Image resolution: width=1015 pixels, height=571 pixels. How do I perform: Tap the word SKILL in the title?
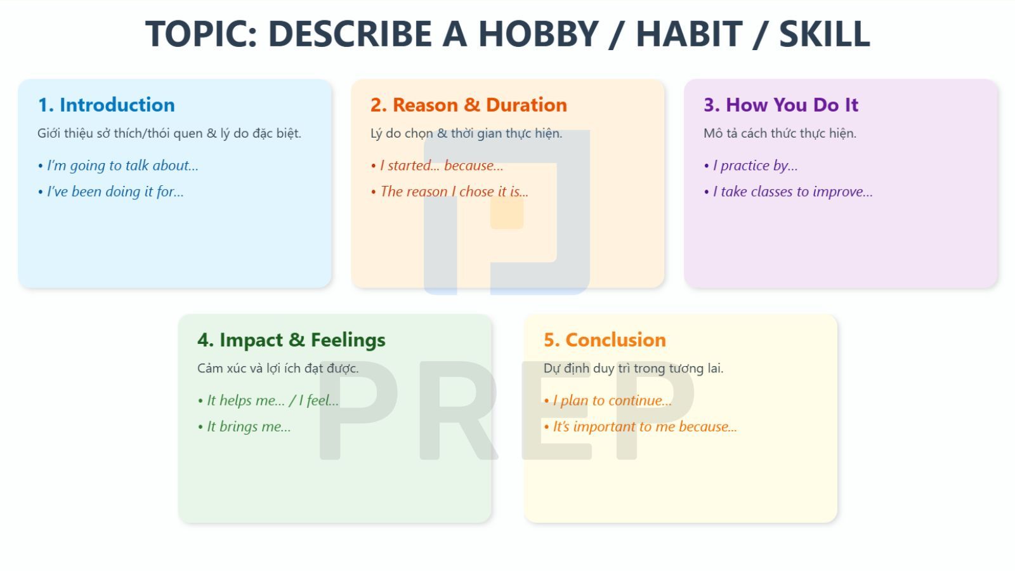pyautogui.click(x=824, y=34)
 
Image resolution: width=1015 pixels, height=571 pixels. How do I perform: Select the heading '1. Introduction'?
pyautogui.click(x=106, y=105)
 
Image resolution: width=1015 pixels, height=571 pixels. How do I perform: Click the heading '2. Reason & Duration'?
pyautogui.click(x=468, y=105)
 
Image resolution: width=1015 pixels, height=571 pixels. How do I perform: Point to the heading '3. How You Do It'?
pyautogui.click(x=780, y=105)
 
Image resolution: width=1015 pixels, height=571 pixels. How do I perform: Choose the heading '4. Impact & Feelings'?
pyautogui.click(x=291, y=340)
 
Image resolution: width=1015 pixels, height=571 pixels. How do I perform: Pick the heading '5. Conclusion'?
pyautogui.click(x=605, y=340)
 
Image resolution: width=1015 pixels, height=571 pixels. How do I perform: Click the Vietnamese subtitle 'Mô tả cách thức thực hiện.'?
pyautogui.click(x=780, y=133)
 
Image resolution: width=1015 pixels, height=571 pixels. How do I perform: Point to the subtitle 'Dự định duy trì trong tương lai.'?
pyautogui.click(x=633, y=369)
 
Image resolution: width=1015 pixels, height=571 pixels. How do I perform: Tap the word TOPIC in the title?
pyautogui.click(x=200, y=34)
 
